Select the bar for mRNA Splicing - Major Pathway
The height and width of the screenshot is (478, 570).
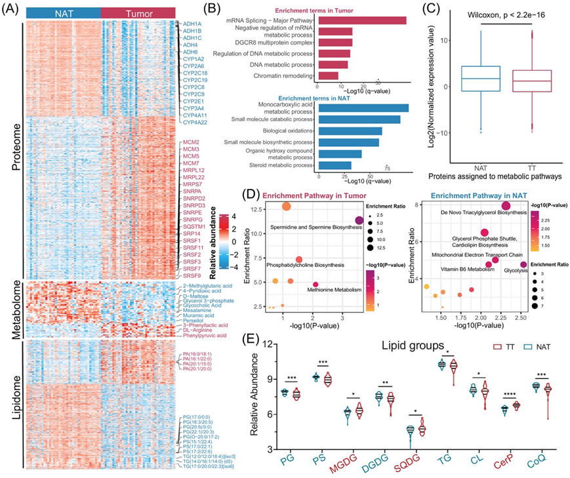pyautogui.click(x=361, y=22)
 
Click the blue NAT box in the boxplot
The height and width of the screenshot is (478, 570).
pyautogui.click(x=481, y=79)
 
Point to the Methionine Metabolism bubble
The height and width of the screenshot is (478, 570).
pyautogui.click(x=316, y=284)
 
